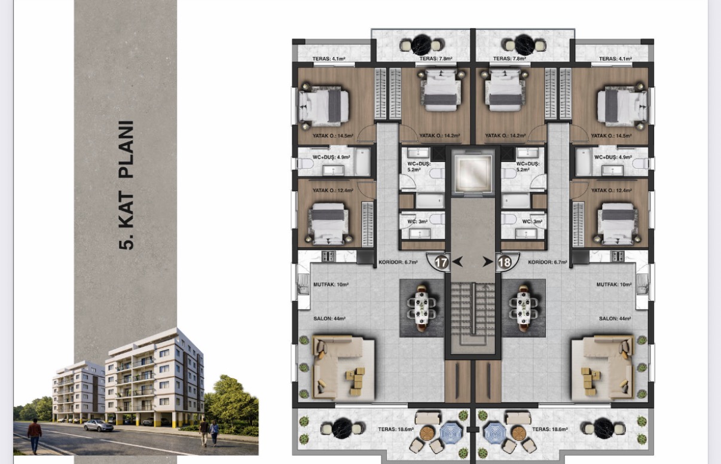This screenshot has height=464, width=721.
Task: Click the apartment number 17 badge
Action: click(x=441, y=262)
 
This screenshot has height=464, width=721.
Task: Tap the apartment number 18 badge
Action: click(x=505, y=262)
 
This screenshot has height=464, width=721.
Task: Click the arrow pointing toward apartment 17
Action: click(x=457, y=262)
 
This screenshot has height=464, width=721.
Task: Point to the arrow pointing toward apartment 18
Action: click(x=488, y=262)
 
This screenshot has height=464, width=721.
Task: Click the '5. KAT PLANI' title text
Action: click(x=126, y=185)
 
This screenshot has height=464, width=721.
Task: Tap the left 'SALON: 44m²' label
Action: click(x=329, y=319)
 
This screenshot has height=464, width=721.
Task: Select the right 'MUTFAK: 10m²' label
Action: click(x=614, y=285)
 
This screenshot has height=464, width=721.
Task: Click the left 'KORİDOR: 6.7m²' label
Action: click(x=398, y=262)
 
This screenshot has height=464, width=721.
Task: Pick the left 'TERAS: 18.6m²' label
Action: click(x=396, y=429)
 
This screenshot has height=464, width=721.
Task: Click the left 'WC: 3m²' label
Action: click(x=417, y=221)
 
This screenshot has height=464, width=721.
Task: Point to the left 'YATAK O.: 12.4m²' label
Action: click(x=333, y=191)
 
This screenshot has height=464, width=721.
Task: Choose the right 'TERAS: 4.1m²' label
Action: click(x=615, y=59)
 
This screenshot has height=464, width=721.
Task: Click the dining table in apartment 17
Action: click(x=421, y=308)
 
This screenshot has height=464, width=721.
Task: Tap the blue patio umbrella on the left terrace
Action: click(x=451, y=432)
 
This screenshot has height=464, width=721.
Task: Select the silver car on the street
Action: click(x=99, y=425)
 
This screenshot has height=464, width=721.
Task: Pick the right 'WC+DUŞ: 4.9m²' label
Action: click(x=613, y=157)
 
